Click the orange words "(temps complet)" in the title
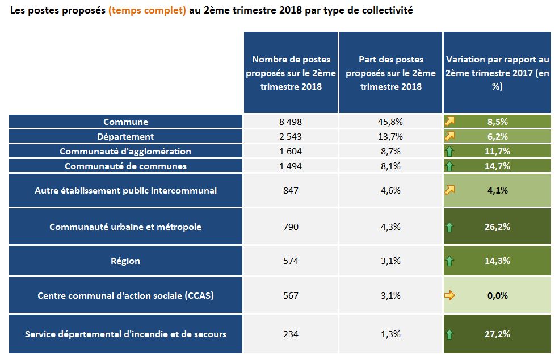[x=147, y=11]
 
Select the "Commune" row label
[x=125, y=122]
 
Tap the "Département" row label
[x=125, y=136]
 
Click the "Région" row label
[x=125, y=261]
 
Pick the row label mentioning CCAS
[x=125, y=295]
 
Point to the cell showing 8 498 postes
[x=291, y=122]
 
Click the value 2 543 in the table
[x=291, y=136]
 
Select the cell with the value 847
[x=291, y=190]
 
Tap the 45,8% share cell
[x=390, y=122]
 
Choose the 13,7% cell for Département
[x=390, y=136]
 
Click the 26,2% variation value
[x=497, y=227]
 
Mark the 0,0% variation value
[x=497, y=295]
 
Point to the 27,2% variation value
[x=497, y=334]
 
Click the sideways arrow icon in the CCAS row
[x=450, y=295]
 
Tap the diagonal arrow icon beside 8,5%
[x=450, y=122]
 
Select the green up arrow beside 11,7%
[x=450, y=152]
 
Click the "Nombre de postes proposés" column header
[x=291, y=73]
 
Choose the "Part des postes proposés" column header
[x=390, y=73]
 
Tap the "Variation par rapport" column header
[x=497, y=73]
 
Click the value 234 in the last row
[x=291, y=334]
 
